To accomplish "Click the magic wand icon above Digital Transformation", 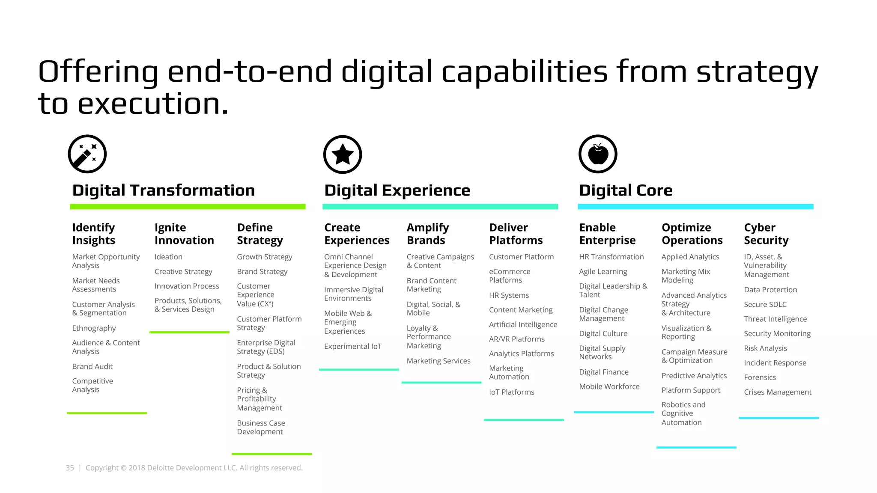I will coord(87,154).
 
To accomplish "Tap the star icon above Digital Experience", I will coord(343,154).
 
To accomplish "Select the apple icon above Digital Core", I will coord(598,154).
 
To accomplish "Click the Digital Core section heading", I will coord(625,190).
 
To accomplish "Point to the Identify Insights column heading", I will coord(93,234).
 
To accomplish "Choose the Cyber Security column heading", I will coord(766,234).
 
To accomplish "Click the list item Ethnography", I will coord(94,328).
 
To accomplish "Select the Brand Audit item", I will coord(92,366).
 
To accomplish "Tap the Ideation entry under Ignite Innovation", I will coord(168,257).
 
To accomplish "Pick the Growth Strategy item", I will coord(264,257).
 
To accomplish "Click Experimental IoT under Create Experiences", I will coord(352,346).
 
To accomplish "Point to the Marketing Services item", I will coord(438,361).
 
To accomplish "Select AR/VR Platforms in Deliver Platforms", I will coord(516,339).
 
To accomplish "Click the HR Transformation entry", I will coord(611,257).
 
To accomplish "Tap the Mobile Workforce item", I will coord(609,386).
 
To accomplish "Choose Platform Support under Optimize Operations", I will coord(691,390).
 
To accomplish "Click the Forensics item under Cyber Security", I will coord(760,377).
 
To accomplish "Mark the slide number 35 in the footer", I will coord(70,468).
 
